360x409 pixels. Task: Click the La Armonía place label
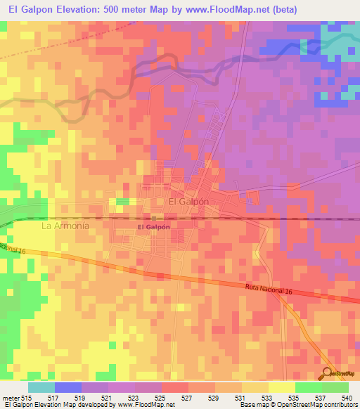point(65,227)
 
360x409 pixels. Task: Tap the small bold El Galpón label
point(154,228)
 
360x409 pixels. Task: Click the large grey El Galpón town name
point(190,201)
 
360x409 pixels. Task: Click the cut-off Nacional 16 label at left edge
point(12,249)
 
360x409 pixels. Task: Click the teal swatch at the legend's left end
point(41,387)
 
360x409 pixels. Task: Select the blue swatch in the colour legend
point(68,387)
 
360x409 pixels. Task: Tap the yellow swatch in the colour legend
point(281,387)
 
